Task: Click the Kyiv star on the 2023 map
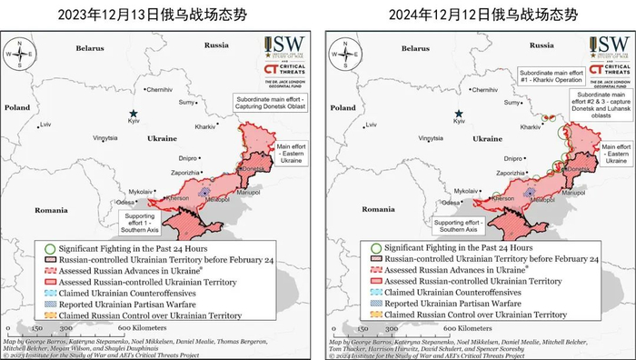134,114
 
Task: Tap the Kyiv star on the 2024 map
460,114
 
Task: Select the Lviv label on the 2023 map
45,124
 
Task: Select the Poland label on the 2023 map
17,106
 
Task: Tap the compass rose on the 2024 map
343,53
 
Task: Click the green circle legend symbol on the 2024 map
375,248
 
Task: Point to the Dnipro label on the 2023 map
184,157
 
